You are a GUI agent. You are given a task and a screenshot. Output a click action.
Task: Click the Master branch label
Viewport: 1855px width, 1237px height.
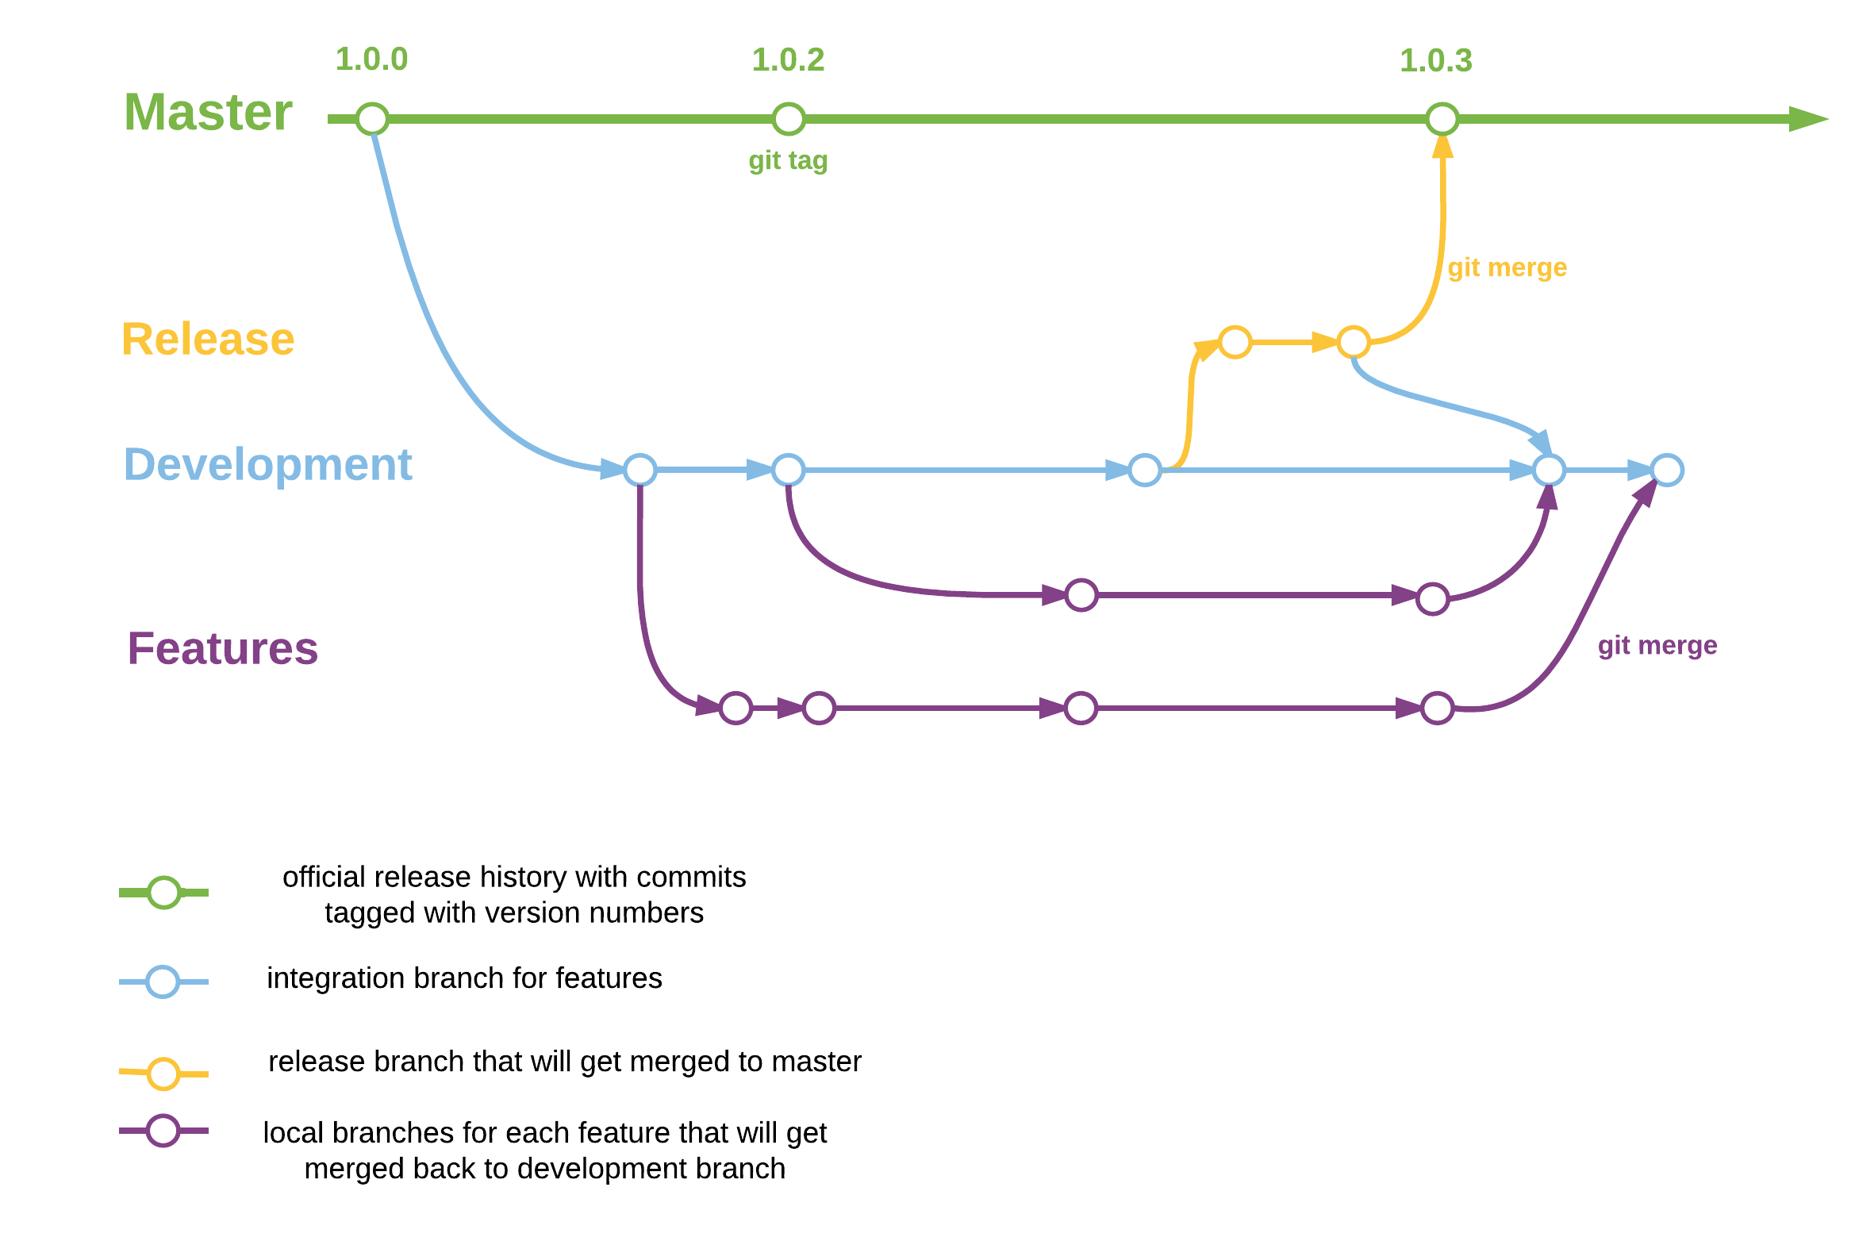coord(208,112)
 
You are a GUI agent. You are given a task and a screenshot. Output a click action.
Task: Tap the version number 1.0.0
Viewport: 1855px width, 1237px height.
coord(371,60)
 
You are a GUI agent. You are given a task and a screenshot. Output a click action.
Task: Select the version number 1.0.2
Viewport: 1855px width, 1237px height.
coord(788,60)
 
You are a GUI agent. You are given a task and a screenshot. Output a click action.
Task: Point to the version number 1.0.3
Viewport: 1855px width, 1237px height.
coord(1435,61)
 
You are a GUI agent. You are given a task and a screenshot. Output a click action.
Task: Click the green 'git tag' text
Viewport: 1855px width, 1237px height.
coord(788,160)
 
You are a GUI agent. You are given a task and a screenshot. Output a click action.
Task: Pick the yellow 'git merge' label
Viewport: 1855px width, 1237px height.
coord(1507,267)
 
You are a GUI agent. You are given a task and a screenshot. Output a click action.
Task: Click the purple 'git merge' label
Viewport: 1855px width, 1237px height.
coord(1657,645)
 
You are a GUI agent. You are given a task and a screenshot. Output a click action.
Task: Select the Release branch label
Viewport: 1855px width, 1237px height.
coord(208,340)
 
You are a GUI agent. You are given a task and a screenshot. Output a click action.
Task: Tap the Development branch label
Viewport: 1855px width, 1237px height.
coord(268,464)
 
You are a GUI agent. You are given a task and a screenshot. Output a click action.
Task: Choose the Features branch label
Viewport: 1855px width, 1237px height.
coord(223,648)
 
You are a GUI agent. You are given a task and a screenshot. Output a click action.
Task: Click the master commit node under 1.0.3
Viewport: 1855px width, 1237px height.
coord(1442,119)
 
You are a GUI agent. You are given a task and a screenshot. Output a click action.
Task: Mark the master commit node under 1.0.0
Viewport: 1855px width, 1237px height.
coord(372,119)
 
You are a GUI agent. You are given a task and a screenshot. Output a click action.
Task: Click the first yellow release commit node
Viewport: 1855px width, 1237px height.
coord(1235,342)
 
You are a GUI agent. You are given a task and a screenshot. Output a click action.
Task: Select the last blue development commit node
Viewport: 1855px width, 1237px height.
coord(1667,470)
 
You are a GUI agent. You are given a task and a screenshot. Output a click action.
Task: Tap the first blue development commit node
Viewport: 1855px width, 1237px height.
coord(639,470)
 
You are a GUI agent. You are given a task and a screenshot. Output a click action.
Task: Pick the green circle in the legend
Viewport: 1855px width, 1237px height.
coord(164,893)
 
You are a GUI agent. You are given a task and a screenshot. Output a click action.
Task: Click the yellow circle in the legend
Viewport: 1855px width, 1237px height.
coord(164,1074)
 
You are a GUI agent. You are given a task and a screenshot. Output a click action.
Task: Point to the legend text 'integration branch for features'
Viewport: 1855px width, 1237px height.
coord(464,978)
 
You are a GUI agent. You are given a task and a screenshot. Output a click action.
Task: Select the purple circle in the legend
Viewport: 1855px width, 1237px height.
coord(163,1131)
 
